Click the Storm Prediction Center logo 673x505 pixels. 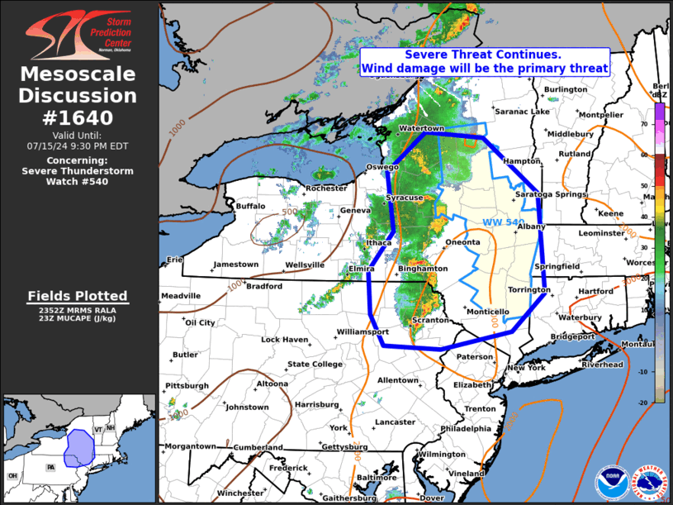click(79, 32)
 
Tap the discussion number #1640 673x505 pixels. click(79, 117)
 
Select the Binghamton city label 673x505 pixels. click(423, 269)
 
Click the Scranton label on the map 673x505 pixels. click(429, 320)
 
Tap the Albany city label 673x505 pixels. click(532, 226)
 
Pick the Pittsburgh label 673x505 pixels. click(187, 386)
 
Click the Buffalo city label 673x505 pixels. click(251, 206)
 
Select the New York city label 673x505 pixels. click(526, 368)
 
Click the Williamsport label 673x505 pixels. click(363, 332)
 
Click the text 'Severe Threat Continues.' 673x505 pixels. click(483, 54)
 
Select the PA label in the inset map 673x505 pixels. click(50, 468)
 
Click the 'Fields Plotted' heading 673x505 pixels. click(78, 296)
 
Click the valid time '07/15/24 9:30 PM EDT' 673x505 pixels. click(79, 145)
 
